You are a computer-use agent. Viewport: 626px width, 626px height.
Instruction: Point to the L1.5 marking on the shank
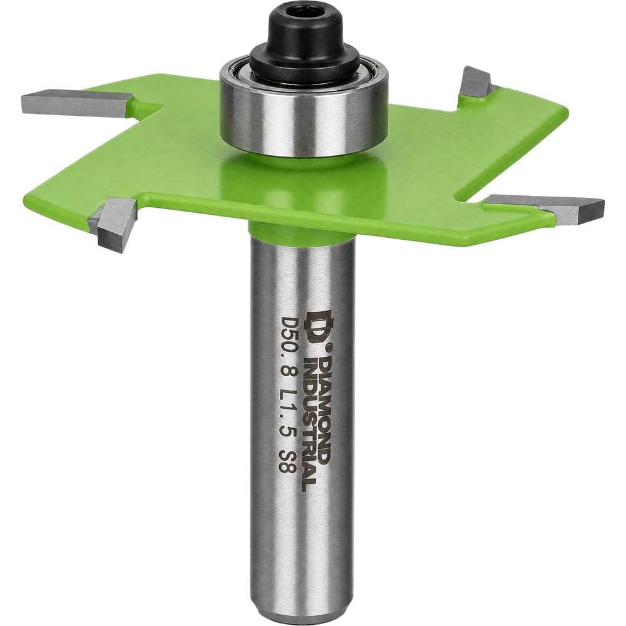(287, 409)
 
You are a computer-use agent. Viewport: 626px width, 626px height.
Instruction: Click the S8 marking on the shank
(286, 463)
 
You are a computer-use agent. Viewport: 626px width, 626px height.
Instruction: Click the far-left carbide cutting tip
(76, 104)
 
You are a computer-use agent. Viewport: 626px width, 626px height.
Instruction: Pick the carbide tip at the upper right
(476, 82)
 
